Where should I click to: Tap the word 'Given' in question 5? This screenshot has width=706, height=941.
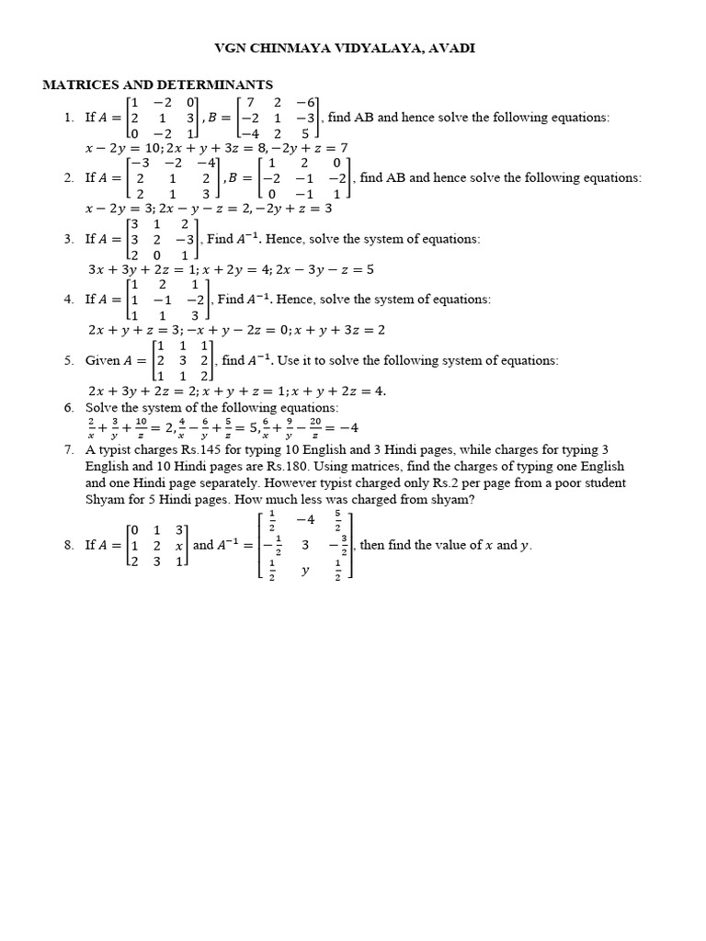pos(102,360)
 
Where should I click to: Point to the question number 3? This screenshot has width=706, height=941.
pos(69,239)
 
